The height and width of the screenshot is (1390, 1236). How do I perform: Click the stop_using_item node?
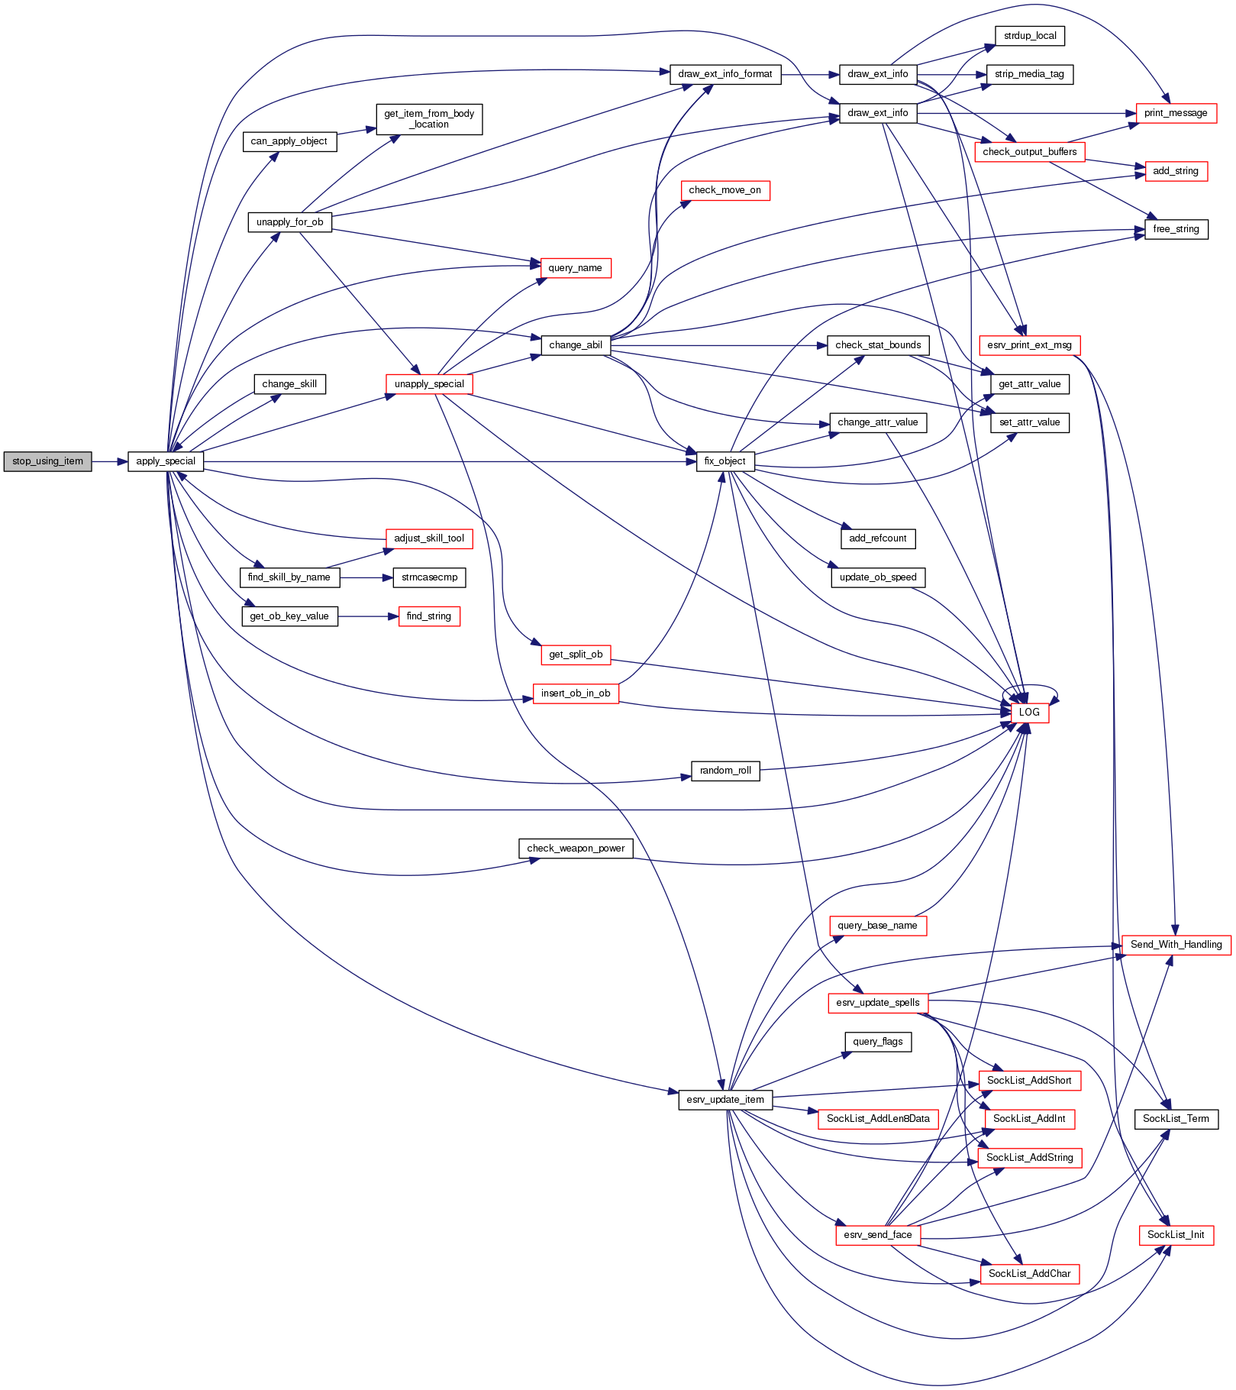47,461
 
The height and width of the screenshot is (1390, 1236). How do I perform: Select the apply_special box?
166,461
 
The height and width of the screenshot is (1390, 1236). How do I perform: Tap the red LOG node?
1029,713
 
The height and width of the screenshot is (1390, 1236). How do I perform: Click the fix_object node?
724,461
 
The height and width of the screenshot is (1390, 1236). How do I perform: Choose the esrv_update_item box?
724,1100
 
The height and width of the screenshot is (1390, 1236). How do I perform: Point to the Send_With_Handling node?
1176,945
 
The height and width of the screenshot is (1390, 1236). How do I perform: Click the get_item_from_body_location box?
429,119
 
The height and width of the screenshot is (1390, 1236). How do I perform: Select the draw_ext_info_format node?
724,74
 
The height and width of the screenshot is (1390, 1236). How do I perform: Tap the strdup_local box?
1029,36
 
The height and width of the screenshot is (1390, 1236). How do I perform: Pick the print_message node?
1176,113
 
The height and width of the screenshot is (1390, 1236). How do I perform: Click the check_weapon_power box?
576,849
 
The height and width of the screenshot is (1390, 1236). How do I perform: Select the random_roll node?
724,771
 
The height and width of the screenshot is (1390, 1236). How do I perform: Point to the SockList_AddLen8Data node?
878,1119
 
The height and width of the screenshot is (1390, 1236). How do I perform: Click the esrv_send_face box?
878,1235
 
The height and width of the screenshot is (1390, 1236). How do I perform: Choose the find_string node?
429,616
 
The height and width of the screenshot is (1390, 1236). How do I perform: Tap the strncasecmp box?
429,577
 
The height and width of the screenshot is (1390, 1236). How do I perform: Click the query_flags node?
878,1042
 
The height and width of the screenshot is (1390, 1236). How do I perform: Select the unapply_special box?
429,384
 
